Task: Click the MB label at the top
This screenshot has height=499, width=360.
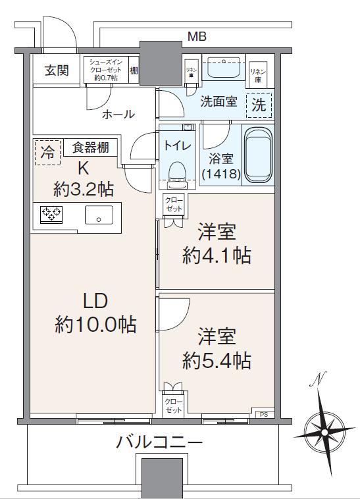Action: (x=196, y=37)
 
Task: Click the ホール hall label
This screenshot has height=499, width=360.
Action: (x=118, y=114)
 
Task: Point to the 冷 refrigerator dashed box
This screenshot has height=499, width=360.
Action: (x=47, y=151)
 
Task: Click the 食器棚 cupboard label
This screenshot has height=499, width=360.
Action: (x=91, y=148)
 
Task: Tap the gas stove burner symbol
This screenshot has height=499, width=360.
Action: (x=51, y=213)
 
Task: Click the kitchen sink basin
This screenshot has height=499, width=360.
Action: (x=99, y=214)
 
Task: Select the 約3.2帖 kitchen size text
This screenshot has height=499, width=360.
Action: (x=84, y=190)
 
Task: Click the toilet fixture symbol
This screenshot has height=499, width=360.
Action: (x=175, y=171)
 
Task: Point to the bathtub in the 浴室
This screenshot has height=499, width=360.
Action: (x=257, y=155)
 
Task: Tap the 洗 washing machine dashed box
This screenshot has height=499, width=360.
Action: (x=259, y=104)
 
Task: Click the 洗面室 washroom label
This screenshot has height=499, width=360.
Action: (x=219, y=103)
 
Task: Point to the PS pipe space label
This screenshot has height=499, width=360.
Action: (x=264, y=413)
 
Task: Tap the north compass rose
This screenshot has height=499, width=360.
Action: (x=324, y=430)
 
